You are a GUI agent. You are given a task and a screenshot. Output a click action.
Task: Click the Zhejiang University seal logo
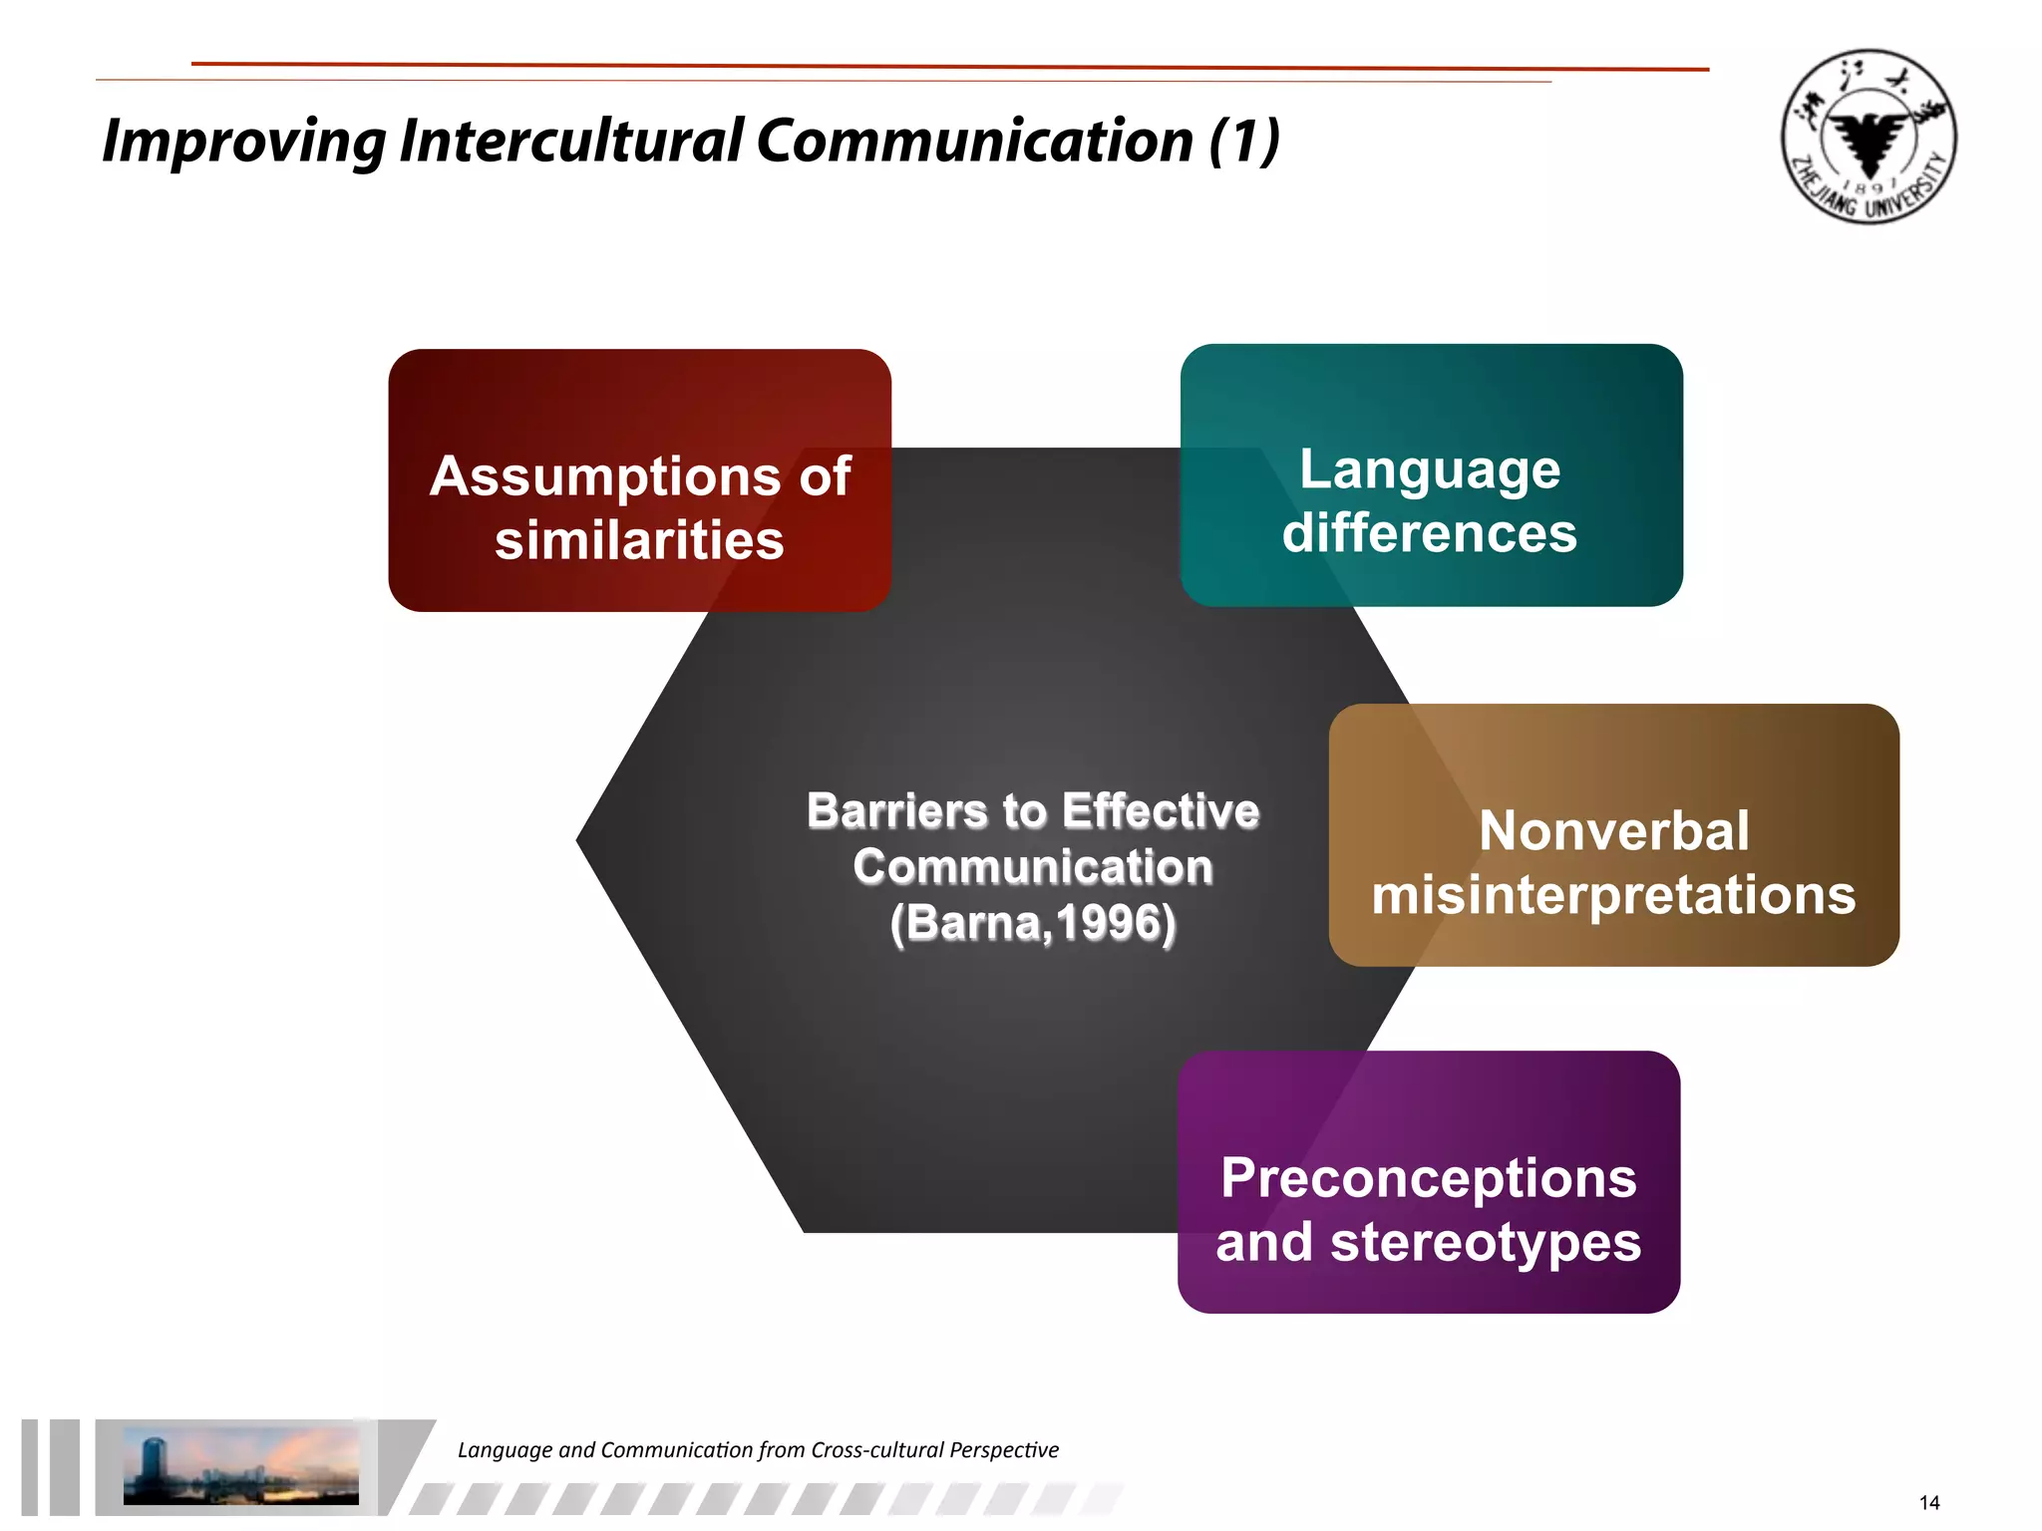pyautogui.click(x=1869, y=137)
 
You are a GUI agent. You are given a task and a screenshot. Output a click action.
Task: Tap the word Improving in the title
pyautogui.click(x=243, y=142)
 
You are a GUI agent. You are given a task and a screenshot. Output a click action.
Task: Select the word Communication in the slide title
pyautogui.click(x=974, y=141)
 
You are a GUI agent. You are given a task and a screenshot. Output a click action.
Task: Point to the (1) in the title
pyautogui.click(x=1243, y=141)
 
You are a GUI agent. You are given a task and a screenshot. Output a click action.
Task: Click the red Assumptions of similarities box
pyautogui.click(x=639, y=479)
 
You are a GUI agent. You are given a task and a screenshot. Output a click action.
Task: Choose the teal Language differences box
pyautogui.click(x=1431, y=474)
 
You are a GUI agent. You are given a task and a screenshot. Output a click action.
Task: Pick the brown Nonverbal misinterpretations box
pyautogui.click(x=1613, y=834)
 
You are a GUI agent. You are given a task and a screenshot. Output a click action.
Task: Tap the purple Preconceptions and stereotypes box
pyautogui.click(x=1428, y=1181)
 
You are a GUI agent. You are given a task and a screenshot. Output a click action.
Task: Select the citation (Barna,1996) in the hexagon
pyautogui.click(x=1033, y=923)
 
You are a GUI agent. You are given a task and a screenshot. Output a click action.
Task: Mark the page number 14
pyautogui.click(x=1928, y=1502)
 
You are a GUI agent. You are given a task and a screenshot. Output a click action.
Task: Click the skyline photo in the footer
pyautogui.click(x=240, y=1466)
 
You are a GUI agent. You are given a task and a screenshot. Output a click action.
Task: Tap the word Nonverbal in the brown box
pyautogui.click(x=1613, y=830)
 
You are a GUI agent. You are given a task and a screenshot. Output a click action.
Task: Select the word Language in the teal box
pyautogui.click(x=1430, y=468)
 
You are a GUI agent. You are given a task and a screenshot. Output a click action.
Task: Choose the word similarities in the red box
pyautogui.click(x=639, y=540)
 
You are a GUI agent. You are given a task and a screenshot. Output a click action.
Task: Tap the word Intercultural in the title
pyautogui.click(x=571, y=141)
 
